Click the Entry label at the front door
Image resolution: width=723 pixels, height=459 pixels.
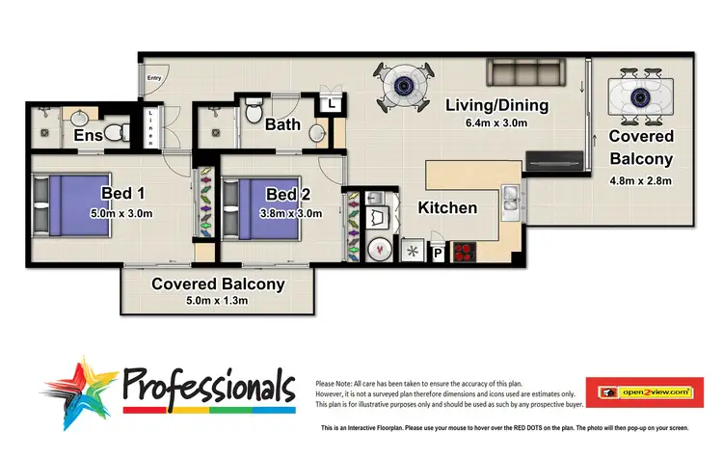153,77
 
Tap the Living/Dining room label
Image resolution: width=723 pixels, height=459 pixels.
496,105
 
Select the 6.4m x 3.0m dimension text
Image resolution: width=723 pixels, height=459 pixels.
496,123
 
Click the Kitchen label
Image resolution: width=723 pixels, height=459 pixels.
447,207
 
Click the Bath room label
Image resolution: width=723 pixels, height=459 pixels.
282,124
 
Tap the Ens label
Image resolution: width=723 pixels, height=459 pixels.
89,136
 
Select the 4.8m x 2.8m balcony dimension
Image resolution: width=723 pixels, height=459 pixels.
641,180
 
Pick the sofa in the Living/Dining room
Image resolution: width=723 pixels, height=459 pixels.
522,73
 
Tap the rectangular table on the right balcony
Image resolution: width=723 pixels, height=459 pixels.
641,97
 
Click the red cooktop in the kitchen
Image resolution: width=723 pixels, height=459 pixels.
466,253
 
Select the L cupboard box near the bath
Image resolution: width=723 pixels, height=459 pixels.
331,102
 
